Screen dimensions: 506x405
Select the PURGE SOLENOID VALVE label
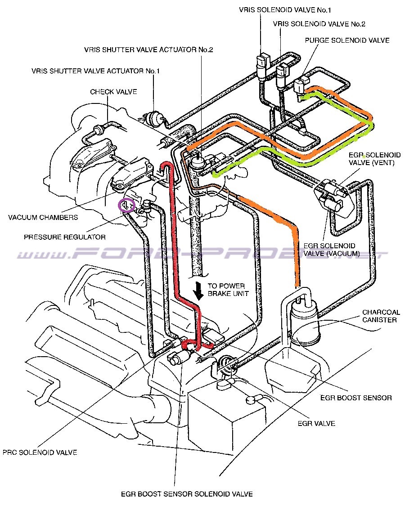click(x=347, y=40)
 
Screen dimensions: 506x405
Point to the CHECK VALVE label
click(x=113, y=92)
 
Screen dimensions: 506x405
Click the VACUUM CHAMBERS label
click(x=43, y=218)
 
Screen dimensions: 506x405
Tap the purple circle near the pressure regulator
click(x=126, y=205)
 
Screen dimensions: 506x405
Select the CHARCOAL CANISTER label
click(x=379, y=316)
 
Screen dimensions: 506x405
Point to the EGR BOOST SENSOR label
click(x=355, y=398)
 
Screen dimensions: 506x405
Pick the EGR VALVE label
click(x=316, y=424)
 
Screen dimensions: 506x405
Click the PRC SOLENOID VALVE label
click(x=40, y=452)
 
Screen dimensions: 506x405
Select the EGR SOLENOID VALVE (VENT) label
click(x=371, y=158)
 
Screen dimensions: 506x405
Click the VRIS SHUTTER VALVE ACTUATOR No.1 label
click(x=95, y=71)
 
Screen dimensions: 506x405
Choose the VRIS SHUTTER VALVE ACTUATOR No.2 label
click(x=148, y=49)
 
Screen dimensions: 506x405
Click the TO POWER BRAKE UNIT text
click(x=226, y=290)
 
